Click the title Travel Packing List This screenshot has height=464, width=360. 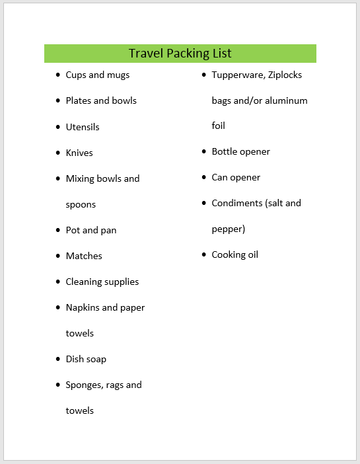(x=180, y=54)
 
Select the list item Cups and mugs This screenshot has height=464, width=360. (x=97, y=75)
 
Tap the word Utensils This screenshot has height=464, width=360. (x=83, y=127)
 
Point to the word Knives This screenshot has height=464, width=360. (x=79, y=153)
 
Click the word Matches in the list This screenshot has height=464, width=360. (x=84, y=256)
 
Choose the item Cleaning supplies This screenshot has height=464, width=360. (x=102, y=282)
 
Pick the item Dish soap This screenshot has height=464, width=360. (x=86, y=359)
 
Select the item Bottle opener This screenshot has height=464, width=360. (x=240, y=151)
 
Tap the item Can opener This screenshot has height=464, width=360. (x=236, y=177)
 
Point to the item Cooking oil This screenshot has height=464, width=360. (x=234, y=254)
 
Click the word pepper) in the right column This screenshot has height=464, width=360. (x=228, y=229)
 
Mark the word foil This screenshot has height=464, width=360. (x=218, y=126)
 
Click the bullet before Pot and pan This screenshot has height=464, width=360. (x=59, y=231)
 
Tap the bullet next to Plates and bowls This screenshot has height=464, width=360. (x=59, y=101)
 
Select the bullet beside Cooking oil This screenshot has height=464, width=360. (x=205, y=255)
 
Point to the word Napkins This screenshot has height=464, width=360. (x=83, y=307)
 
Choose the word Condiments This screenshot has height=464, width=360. (x=236, y=203)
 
